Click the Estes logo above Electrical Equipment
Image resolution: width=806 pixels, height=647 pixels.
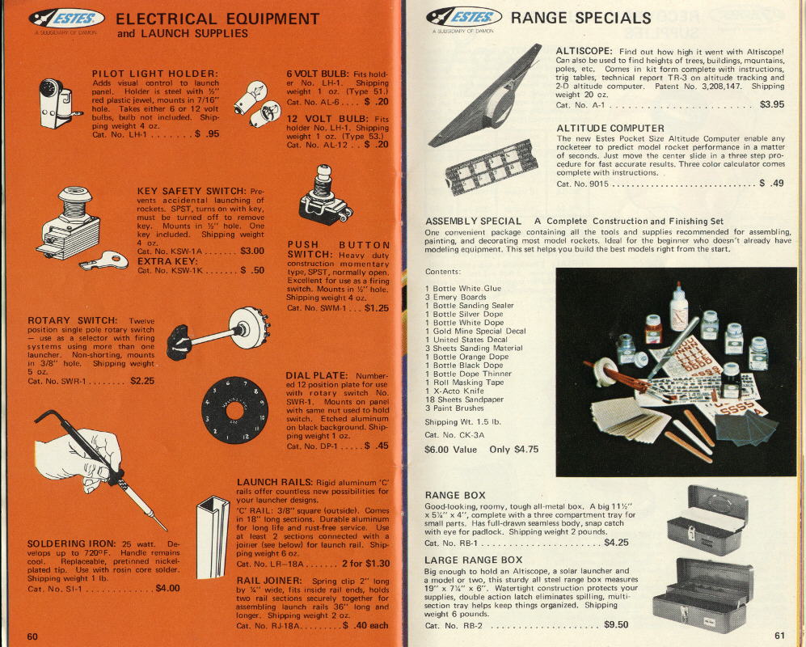[x=67, y=19]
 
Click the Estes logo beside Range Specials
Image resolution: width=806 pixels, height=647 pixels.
[x=464, y=17]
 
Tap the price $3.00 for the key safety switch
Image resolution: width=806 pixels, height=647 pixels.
[x=252, y=251]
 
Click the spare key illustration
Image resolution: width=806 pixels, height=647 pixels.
[x=104, y=260]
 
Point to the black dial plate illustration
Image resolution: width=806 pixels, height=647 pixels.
[x=235, y=410]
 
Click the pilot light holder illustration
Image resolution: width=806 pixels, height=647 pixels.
[x=58, y=104]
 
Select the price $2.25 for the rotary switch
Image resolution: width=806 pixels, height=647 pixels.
[x=141, y=381]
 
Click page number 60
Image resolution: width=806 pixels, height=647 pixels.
[x=32, y=636]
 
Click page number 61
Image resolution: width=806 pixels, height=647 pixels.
[x=780, y=635]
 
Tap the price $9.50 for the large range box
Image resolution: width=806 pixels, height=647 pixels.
[x=616, y=624]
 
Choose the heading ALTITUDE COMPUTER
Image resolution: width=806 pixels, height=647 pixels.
[x=610, y=128]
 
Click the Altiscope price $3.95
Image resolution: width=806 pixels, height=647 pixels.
[x=772, y=104]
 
